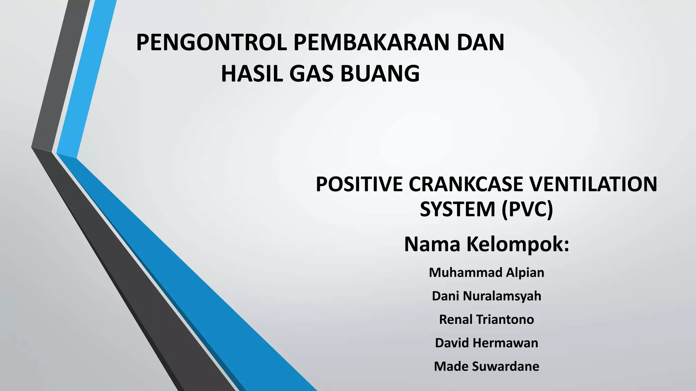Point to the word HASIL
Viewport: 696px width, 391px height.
point(251,74)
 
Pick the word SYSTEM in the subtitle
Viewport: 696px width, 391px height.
point(457,209)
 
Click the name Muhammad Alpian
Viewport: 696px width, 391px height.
point(486,273)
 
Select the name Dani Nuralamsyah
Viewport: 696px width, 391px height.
point(486,296)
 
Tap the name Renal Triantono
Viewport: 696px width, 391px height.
point(486,319)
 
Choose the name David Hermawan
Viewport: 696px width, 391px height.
point(486,343)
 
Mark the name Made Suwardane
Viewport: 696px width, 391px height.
point(486,366)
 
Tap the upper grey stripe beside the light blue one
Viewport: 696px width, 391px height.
point(61,75)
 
